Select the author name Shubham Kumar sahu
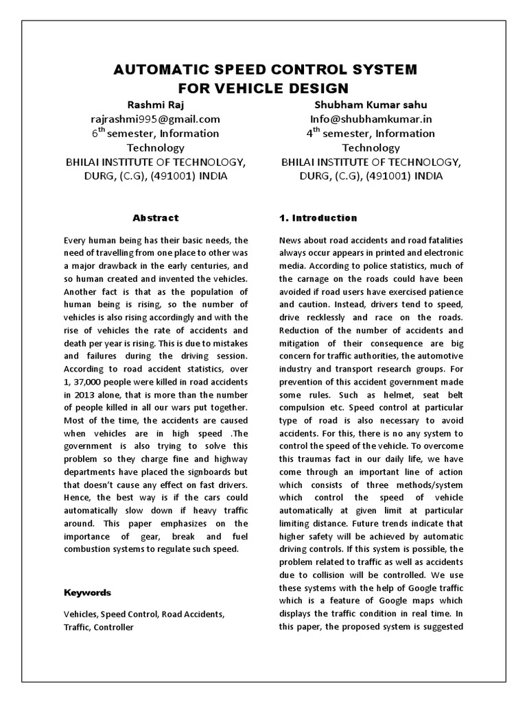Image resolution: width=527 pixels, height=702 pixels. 370,104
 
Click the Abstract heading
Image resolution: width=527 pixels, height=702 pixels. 155,218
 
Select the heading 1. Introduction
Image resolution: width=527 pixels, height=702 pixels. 318,218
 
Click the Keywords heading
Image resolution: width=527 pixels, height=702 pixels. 87,592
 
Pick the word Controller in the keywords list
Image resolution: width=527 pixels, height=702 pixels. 114,627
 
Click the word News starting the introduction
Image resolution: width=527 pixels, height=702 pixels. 291,240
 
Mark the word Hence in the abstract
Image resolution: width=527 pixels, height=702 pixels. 77,498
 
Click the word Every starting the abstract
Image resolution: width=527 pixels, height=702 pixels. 75,240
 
